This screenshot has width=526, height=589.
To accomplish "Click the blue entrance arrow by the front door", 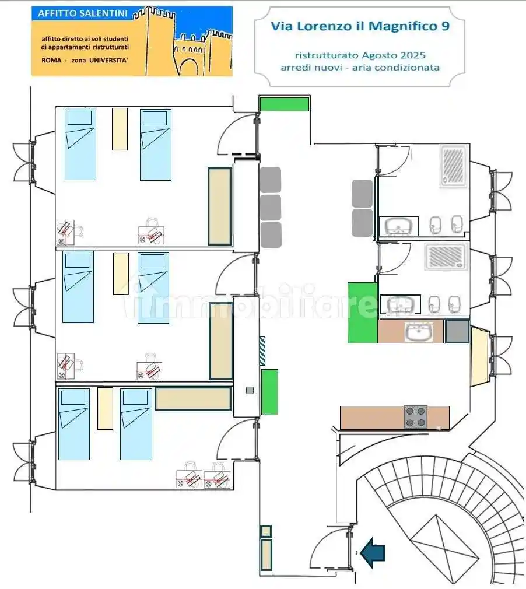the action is coord(373,553).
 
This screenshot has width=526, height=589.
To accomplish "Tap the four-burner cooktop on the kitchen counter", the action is coord(416,417).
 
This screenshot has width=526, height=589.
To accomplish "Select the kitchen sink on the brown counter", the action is coord(419,332).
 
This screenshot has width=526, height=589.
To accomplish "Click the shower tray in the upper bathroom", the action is coord(454,166).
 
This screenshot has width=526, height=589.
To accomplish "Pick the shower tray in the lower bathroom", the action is coord(446,256).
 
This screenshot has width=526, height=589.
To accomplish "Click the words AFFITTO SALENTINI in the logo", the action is coord(83,13).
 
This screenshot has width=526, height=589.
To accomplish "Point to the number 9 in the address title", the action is coord(445,26).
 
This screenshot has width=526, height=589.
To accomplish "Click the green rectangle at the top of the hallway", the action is coord(285,104).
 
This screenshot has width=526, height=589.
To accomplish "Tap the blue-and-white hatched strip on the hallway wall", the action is coord(262,351).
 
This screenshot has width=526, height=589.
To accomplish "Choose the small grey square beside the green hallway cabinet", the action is coord(250,391).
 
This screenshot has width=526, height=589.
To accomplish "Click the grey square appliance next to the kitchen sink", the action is coord(457,331).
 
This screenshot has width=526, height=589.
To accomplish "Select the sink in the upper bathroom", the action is coord(399,226).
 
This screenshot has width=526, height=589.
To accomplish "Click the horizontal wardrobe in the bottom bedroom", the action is coord(193,398).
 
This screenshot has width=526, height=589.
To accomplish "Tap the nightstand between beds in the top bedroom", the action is coord(120,129).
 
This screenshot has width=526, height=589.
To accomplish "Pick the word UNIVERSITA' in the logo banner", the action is coord(108,60).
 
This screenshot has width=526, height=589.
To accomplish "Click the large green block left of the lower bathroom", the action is coord(363,313).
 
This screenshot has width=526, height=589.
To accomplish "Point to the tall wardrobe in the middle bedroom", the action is coord(221,341).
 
